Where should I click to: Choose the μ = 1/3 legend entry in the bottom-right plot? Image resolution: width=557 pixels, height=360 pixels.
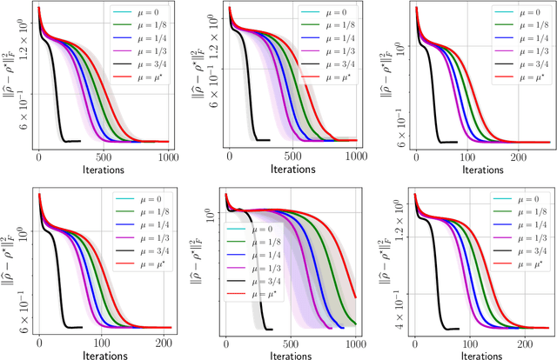coord(521,237)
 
